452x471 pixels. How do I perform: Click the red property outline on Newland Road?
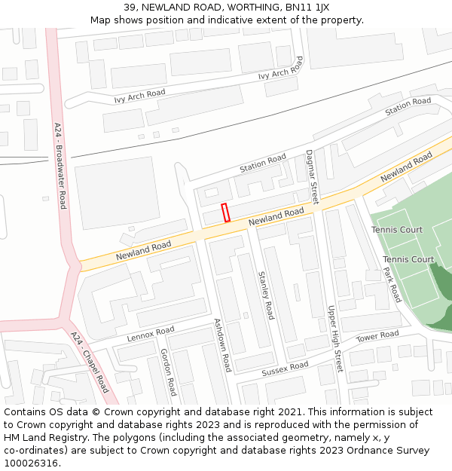[x=225, y=213]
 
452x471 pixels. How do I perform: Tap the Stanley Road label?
[x=267, y=295]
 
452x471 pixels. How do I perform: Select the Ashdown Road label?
[x=222, y=345]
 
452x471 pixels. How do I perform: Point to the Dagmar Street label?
[x=312, y=177]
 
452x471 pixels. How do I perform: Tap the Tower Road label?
[x=377, y=336]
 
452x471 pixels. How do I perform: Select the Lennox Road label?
[x=151, y=334]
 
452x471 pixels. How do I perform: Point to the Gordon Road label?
[x=168, y=372]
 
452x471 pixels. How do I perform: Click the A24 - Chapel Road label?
[x=90, y=362]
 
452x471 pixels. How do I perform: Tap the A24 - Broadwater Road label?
[x=61, y=166]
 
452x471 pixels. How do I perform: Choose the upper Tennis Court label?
[x=397, y=230]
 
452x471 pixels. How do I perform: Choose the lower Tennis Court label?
[x=408, y=260]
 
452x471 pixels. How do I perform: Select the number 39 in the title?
[x=130, y=8]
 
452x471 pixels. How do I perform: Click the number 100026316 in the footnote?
[x=32, y=463]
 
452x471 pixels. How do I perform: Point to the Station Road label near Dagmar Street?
[x=263, y=163]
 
